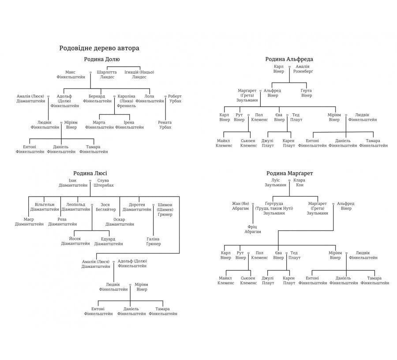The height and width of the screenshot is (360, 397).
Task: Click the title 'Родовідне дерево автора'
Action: point(99,48)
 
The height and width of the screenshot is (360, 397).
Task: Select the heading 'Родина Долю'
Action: point(102,59)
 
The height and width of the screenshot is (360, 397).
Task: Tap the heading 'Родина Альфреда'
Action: point(289,59)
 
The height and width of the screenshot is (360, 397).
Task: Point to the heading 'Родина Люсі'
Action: point(90,173)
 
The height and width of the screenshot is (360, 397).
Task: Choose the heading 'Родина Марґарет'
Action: point(289,173)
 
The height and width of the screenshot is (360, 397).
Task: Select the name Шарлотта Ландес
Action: point(107,74)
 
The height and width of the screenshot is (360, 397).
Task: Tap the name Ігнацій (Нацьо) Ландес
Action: point(139,74)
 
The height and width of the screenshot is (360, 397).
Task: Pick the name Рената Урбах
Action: point(165,125)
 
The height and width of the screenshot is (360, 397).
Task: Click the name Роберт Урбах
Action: point(175,98)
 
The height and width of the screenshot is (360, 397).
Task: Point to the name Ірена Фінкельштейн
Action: point(129,125)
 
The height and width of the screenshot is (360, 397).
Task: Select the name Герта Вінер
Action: point(306,93)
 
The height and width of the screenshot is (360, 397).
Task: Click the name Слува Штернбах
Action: point(104,183)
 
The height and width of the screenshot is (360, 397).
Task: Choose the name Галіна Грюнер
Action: point(153,241)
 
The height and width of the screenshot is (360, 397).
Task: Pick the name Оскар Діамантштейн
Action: point(120,222)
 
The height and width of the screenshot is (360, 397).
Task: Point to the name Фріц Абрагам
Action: point(253,229)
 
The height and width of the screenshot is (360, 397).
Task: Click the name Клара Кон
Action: point(299,183)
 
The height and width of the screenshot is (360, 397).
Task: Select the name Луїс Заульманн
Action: point(275,183)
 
